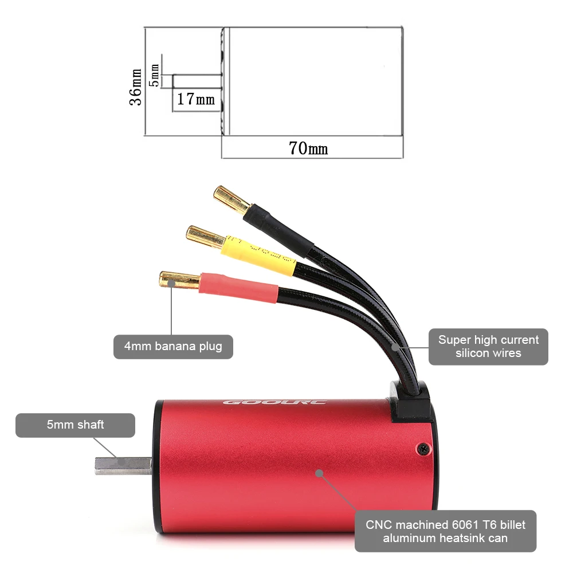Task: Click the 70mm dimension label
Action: (308, 148)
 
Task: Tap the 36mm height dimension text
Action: (135, 87)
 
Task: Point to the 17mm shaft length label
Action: (196, 99)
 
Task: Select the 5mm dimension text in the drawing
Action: (154, 75)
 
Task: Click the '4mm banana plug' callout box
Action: (173, 347)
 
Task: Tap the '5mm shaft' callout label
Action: (75, 425)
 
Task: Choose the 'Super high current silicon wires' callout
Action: (488, 347)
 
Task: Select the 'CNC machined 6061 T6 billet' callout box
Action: (445, 531)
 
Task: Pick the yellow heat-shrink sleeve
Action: (258, 256)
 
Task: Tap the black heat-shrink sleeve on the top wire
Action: (278, 230)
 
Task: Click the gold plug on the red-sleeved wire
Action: (179, 281)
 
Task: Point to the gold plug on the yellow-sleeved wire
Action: (205, 237)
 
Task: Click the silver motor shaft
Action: (124, 466)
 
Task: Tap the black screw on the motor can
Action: (424, 448)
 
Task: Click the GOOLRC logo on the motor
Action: (274, 402)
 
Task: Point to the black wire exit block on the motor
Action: (410, 402)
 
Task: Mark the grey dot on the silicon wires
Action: (395, 347)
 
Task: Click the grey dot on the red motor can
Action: (319, 473)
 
